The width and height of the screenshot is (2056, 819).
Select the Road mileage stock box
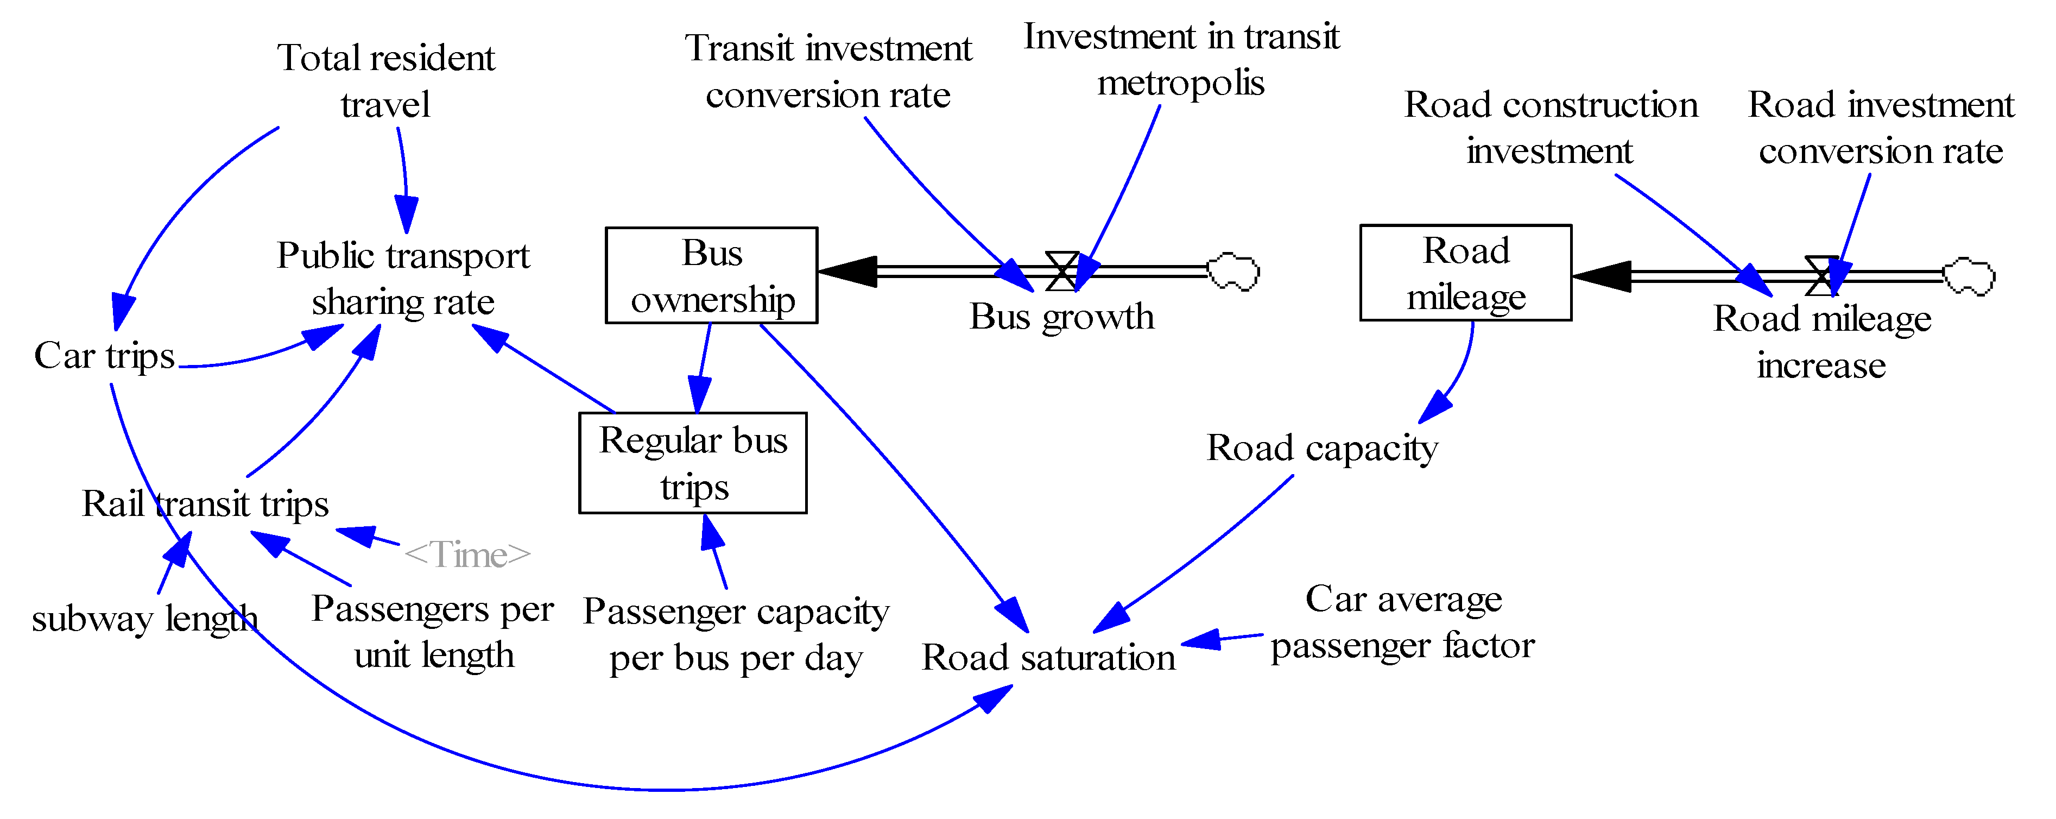(1465, 273)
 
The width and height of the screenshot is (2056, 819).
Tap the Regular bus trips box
(692, 463)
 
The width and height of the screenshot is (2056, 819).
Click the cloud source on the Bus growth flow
(1233, 272)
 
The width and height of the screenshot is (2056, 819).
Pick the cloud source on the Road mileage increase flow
(1968, 277)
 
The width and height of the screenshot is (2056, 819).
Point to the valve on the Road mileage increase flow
(1822, 276)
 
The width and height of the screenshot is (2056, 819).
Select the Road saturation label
(1048, 658)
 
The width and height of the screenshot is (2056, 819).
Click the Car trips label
(104, 356)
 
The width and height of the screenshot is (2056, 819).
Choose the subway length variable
(144, 619)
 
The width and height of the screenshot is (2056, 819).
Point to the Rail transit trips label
(205, 503)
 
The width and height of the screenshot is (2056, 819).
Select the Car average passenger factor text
(1402, 622)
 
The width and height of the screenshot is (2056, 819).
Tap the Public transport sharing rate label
(403, 279)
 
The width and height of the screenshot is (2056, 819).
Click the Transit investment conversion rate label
(828, 71)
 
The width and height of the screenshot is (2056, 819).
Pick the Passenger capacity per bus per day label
(735, 634)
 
